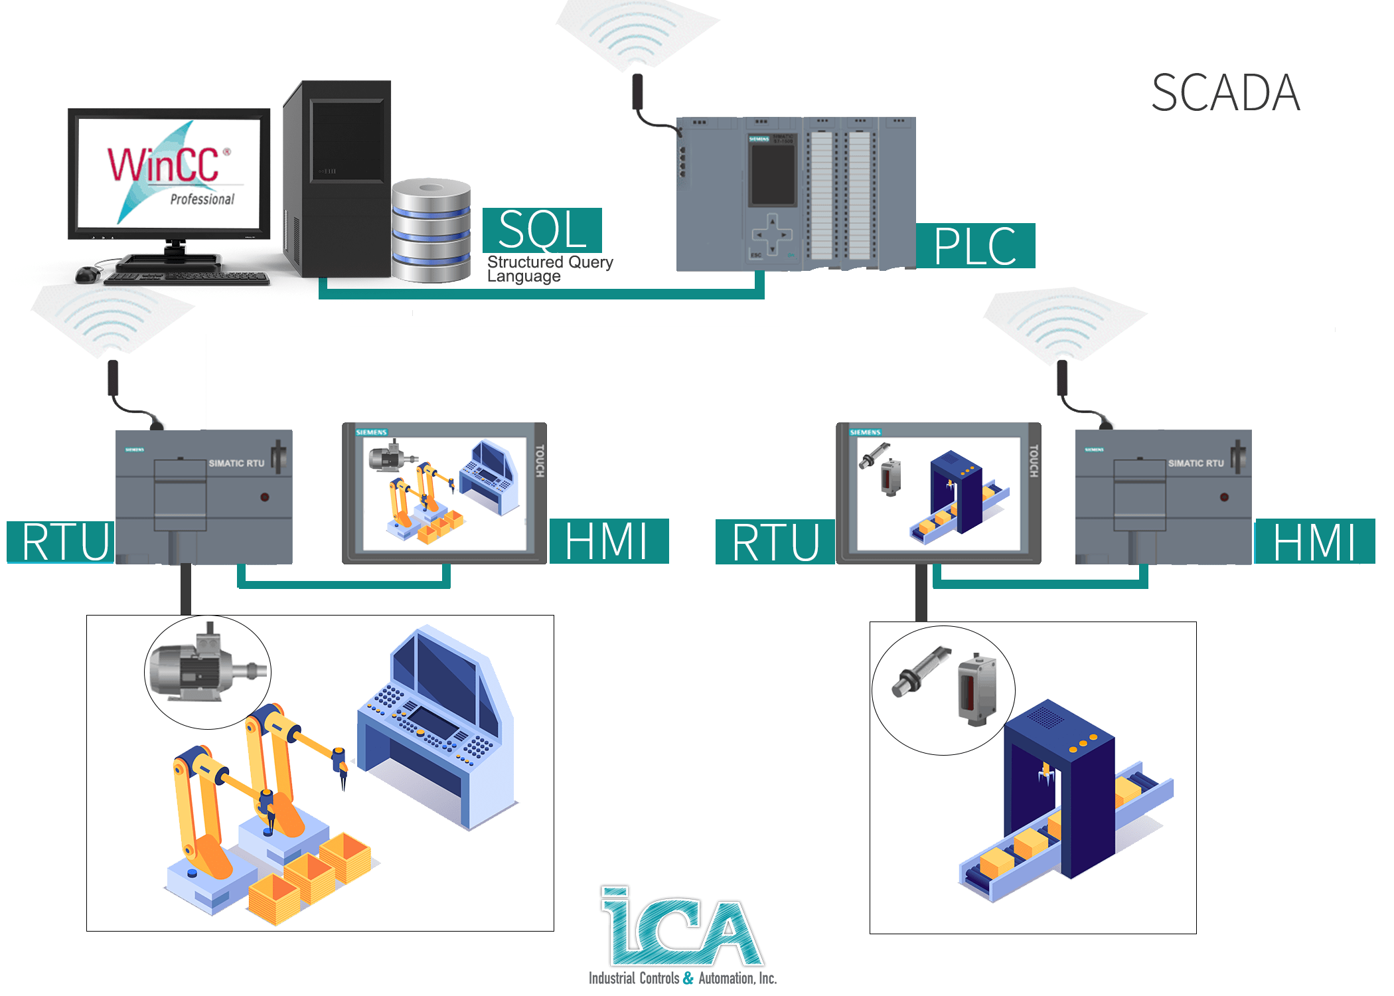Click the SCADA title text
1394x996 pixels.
pyautogui.click(x=1225, y=94)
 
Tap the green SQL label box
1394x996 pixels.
pyautogui.click(x=542, y=230)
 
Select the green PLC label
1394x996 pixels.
pyautogui.click(x=974, y=246)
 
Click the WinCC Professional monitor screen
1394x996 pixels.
pyautogui.click(x=169, y=173)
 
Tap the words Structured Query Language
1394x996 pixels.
pyautogui.click(x=549, y=269)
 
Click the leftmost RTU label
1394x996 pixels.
pyautogui.click(x=62, y=542)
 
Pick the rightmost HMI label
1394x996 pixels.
pyautogui.click(x=1314, y=542)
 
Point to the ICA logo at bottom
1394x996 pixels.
pyautogui.click(x=682, y=926)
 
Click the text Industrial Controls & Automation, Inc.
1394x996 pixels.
pyautogui.click(x=682, y=978)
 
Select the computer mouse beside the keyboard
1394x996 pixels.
pyautogui.click(x=88, y=273)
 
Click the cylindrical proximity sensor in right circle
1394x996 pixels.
pyautogui.click(x=919, y=672)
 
